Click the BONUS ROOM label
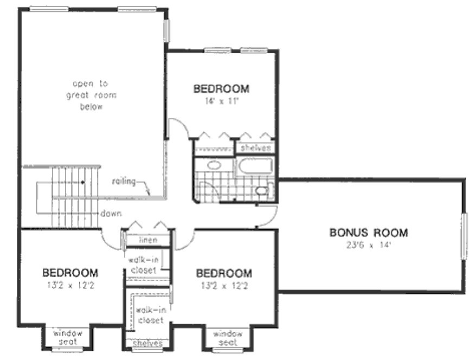click(368, 233)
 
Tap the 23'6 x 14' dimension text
click(368, 244)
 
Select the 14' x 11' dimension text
click(221, 100)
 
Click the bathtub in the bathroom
click(255, 166)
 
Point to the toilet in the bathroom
click(262, 190)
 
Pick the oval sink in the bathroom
click(214, 165)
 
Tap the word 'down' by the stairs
click(111, 214)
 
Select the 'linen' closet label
click(147, 240)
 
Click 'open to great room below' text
click(91, 95)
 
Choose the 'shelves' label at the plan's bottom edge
click(147, 343)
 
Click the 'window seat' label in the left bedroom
click(68, 337)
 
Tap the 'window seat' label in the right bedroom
click(227, 338)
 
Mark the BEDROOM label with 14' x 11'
click(221, 89)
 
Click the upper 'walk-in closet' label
click(143, 265)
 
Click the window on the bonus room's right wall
click(464, 236)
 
